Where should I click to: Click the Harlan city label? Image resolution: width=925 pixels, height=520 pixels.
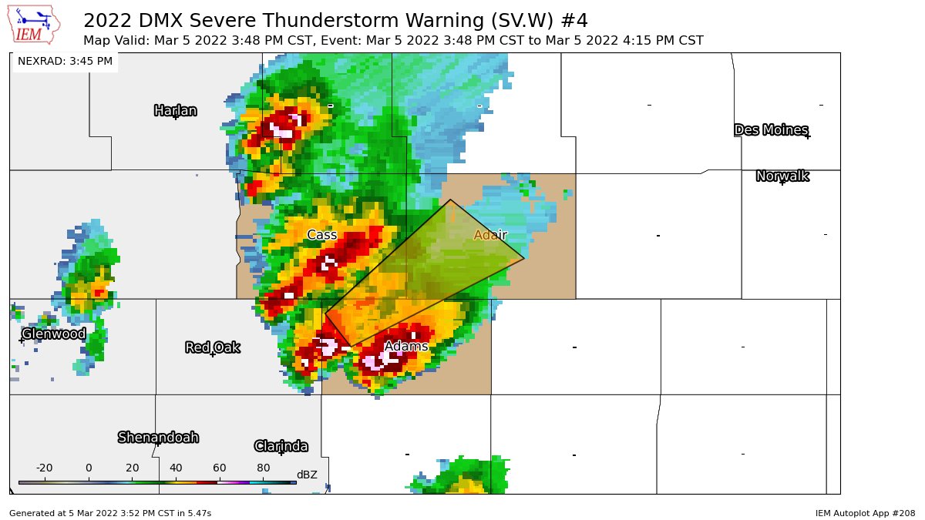coord(175,110)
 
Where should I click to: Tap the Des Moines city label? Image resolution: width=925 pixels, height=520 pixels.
coord(771,129)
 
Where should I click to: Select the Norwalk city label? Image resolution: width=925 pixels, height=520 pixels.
coord(782,176)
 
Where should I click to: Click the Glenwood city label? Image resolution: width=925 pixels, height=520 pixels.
coord(53,334)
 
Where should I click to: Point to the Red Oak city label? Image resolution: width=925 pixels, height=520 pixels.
coord(213,347)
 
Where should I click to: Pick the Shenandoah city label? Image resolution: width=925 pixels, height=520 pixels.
coord(158,438)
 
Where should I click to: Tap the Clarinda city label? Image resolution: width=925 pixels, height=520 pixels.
coord(281,446)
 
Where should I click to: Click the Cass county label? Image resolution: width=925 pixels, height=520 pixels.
coord(321,235)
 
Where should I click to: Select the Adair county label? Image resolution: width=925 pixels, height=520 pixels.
coord(490,235)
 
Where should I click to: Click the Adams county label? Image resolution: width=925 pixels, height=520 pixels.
coord(405,347)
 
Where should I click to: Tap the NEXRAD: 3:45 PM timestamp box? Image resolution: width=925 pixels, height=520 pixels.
coord(65,61)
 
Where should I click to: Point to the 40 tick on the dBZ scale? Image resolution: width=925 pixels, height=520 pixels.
coord(176,468)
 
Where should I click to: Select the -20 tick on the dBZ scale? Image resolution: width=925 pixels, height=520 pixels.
coord(44,468)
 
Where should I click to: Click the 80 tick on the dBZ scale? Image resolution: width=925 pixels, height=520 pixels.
coord(263,468)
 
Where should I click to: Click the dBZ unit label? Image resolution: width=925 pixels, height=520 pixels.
coord(307,475)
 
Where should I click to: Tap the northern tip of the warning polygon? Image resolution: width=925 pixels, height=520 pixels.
coord(451,200)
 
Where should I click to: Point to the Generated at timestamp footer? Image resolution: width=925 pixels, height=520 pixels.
coord(110,512)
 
